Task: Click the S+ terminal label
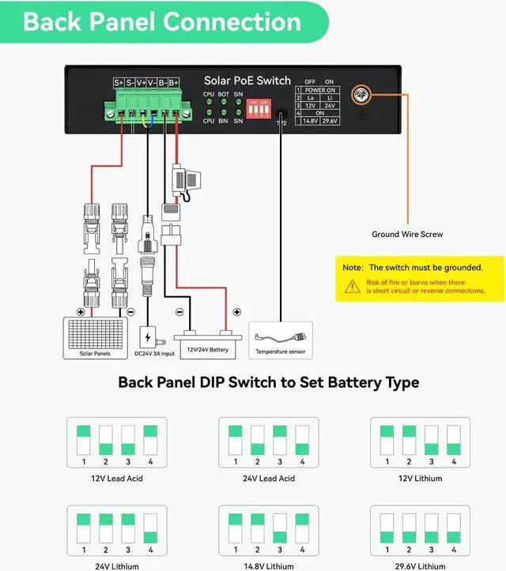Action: [119, 82]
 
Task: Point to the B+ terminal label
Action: [173, 82]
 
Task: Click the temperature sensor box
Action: [281, 340]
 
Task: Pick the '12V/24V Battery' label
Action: [207, 348]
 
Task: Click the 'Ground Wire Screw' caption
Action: [407, 234]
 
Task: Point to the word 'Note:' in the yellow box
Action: [353, 268]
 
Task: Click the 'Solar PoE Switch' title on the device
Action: [247, 81]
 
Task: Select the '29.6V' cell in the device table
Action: [331, 122]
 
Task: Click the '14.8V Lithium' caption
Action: [268, 566]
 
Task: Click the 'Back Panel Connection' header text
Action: [162, 21]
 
